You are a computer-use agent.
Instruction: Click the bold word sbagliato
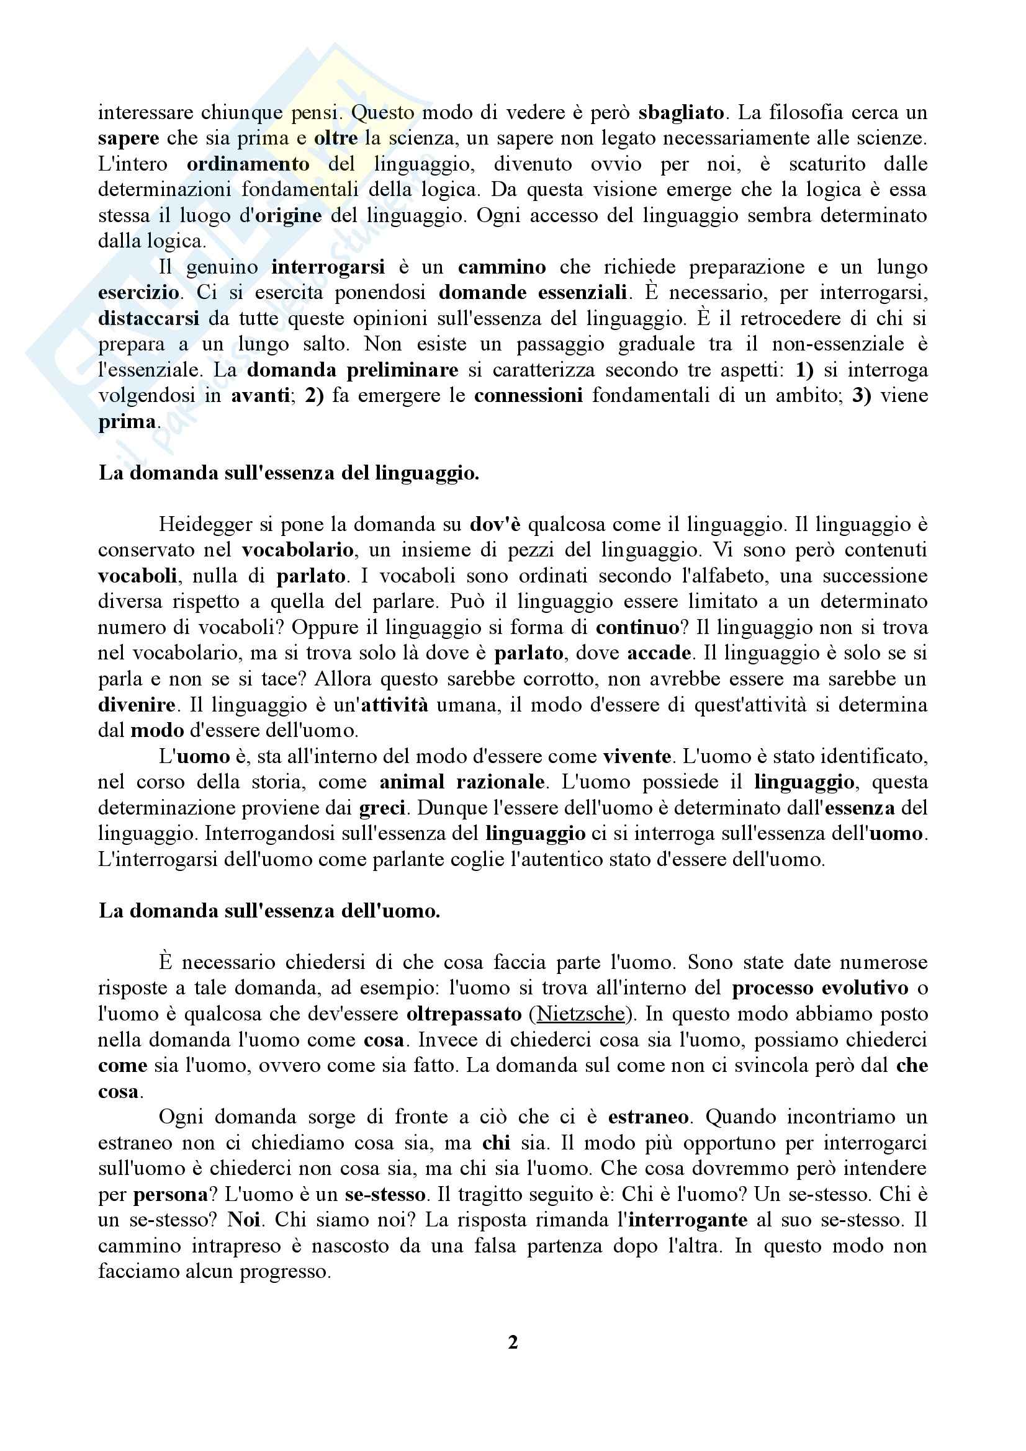point(681,112)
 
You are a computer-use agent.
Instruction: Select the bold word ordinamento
point(248,164)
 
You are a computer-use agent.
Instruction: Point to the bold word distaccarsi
point(148,318)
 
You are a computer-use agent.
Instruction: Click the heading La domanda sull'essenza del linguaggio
point(288,473)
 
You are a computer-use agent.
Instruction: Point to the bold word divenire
point(137,705)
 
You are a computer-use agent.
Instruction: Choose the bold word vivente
point(637,756)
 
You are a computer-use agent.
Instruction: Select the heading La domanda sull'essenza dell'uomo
point(269,911)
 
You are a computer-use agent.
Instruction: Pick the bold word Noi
point(244,1220)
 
